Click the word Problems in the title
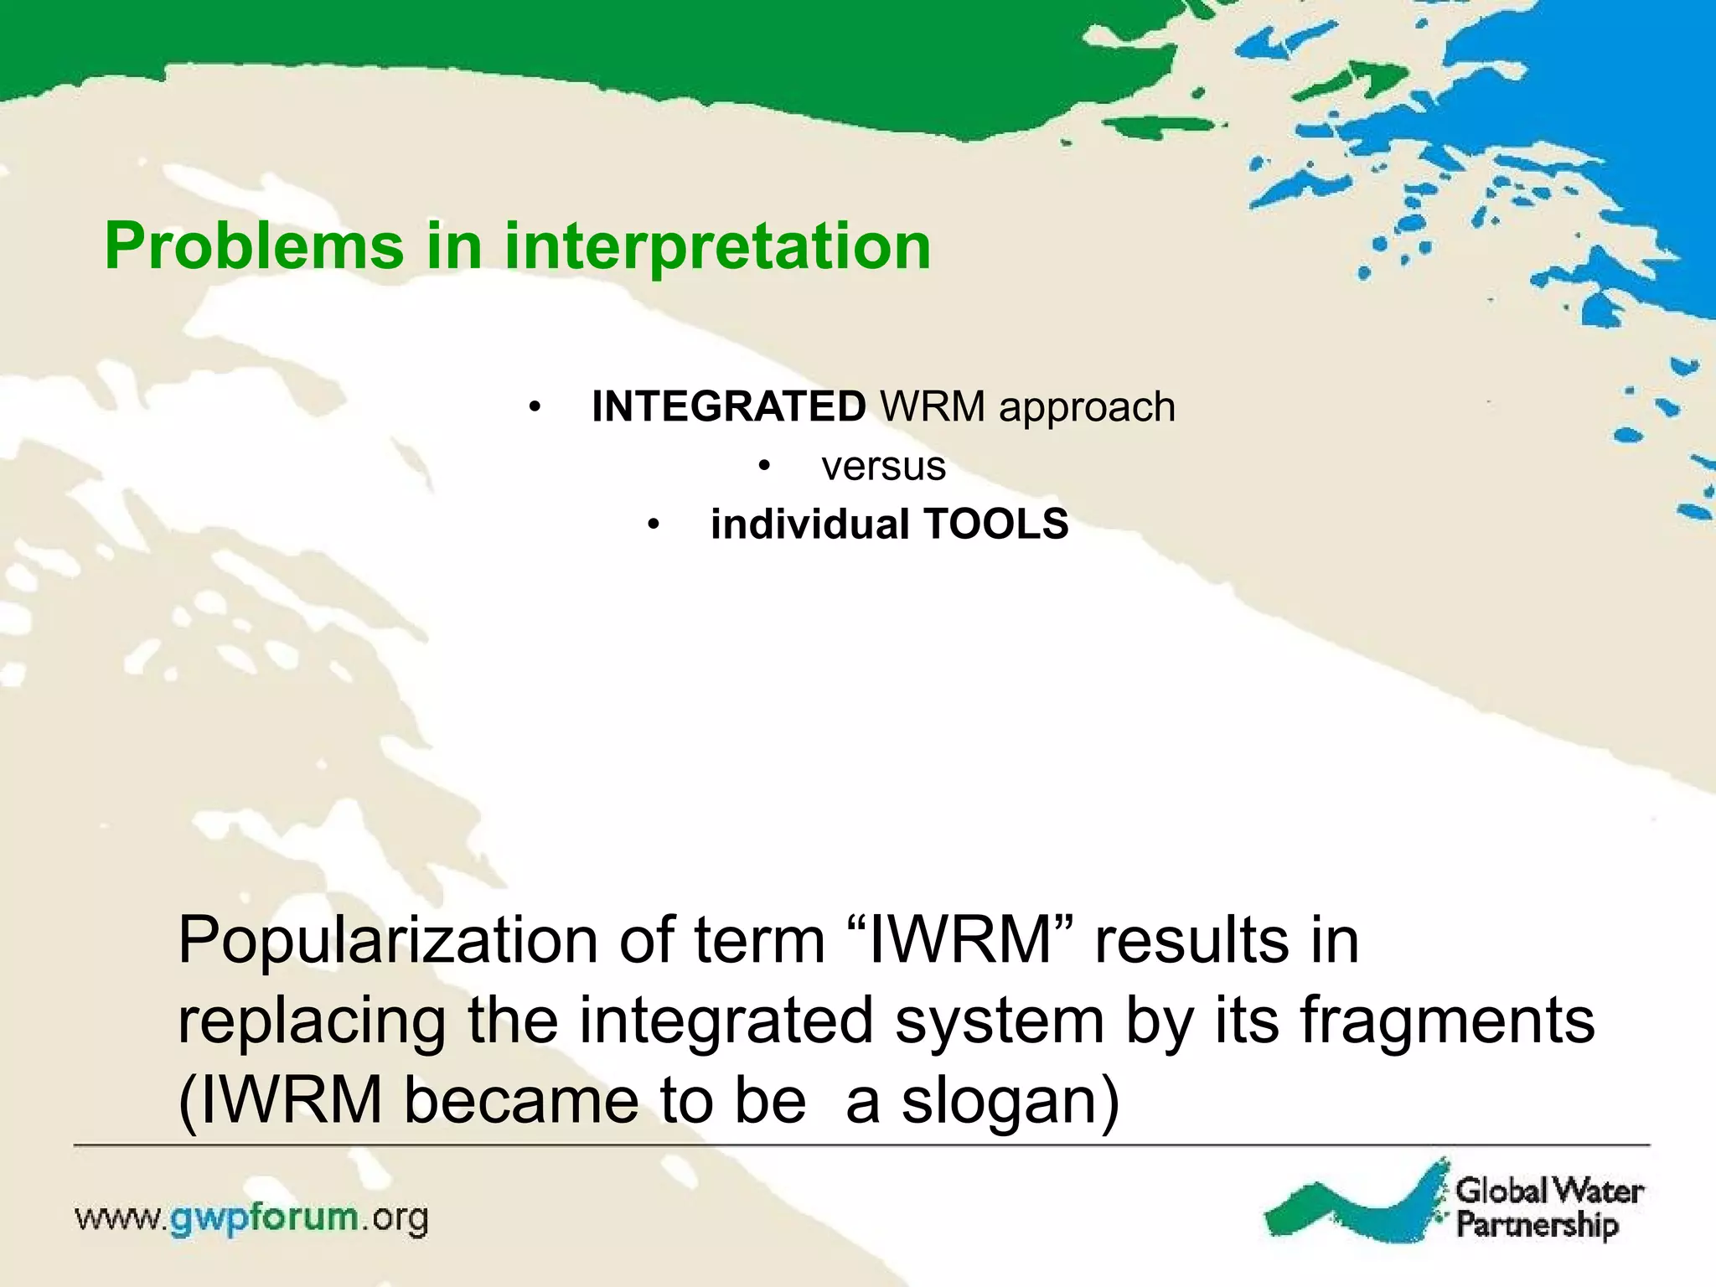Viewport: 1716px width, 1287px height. point(254,247)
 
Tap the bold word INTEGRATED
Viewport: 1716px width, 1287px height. point(728,407)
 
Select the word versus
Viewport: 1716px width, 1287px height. point(883,467)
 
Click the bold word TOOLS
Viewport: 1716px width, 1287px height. point(996,525)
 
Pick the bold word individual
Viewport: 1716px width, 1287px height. point(809,525)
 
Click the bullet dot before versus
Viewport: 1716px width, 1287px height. point(763,468)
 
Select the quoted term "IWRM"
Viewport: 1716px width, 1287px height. point(961,940)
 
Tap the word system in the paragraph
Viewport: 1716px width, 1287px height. point(999,1022)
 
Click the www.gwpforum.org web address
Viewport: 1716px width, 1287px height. point(251,1218)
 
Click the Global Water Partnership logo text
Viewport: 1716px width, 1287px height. point(1548,1207)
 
